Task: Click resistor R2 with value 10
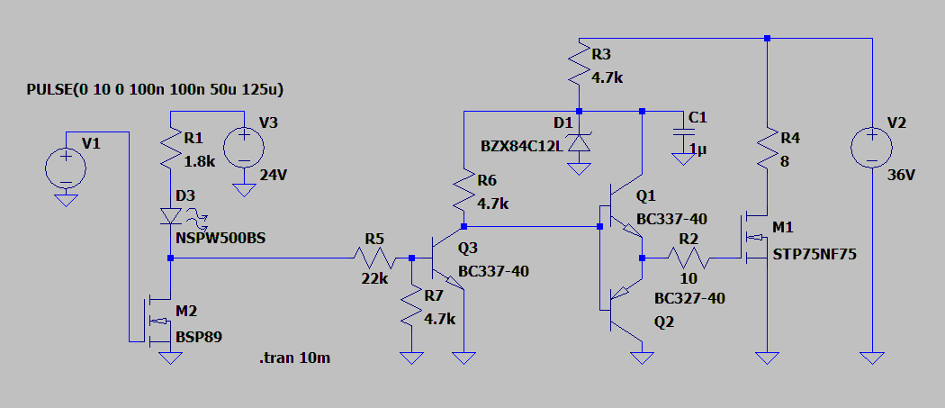[688, 258]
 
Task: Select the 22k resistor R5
[373, 258]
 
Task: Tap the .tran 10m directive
[294, 358]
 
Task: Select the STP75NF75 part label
[814, 255]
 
